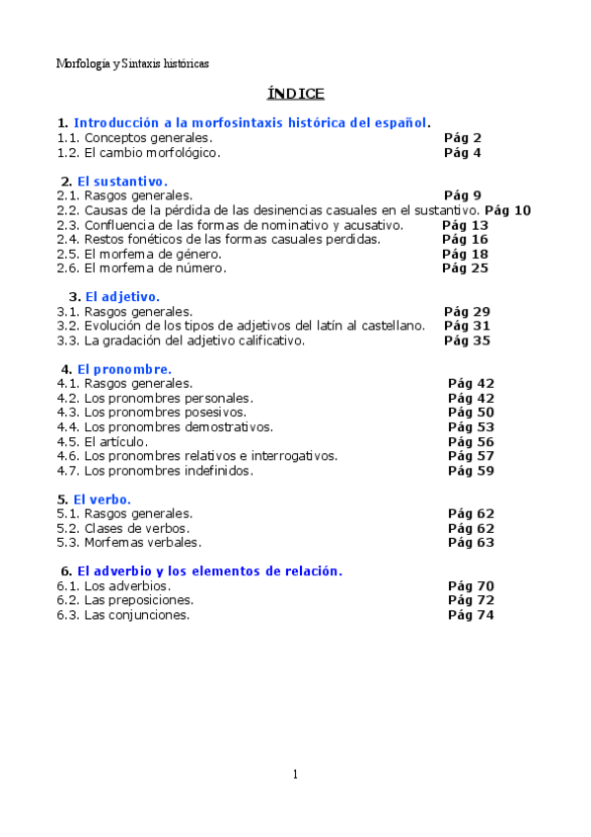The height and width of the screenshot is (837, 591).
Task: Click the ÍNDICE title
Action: click(x=295, y=94)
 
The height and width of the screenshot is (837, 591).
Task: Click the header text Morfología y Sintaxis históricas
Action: click(x=132, y=63)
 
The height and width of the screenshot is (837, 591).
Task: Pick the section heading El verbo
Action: click(x=102, y=499)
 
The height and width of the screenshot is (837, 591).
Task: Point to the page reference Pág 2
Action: click(x=463, y=138)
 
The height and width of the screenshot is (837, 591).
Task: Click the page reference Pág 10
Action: click(x=508, y=210)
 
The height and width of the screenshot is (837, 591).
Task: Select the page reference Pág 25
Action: click(x=465, y=268)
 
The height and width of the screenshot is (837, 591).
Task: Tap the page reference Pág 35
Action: click(x=467, y=341)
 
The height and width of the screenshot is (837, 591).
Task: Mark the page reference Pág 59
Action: click(x=471, y=471)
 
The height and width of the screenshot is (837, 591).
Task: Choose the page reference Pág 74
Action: click(x=471, y=615)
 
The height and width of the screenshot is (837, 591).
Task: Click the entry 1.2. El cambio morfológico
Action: click(x=138, y=153)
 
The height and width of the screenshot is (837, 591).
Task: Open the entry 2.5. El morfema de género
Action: click(x=135, y=254)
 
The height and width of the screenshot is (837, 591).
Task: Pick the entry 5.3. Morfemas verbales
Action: click(x=129, y=543)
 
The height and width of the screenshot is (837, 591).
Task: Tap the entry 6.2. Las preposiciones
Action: click(x=125, y=600)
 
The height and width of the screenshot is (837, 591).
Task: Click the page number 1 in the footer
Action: click(x=295, y=775)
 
